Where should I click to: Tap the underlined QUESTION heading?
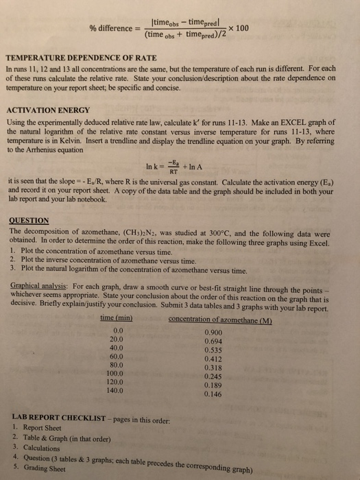coord(29,221)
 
